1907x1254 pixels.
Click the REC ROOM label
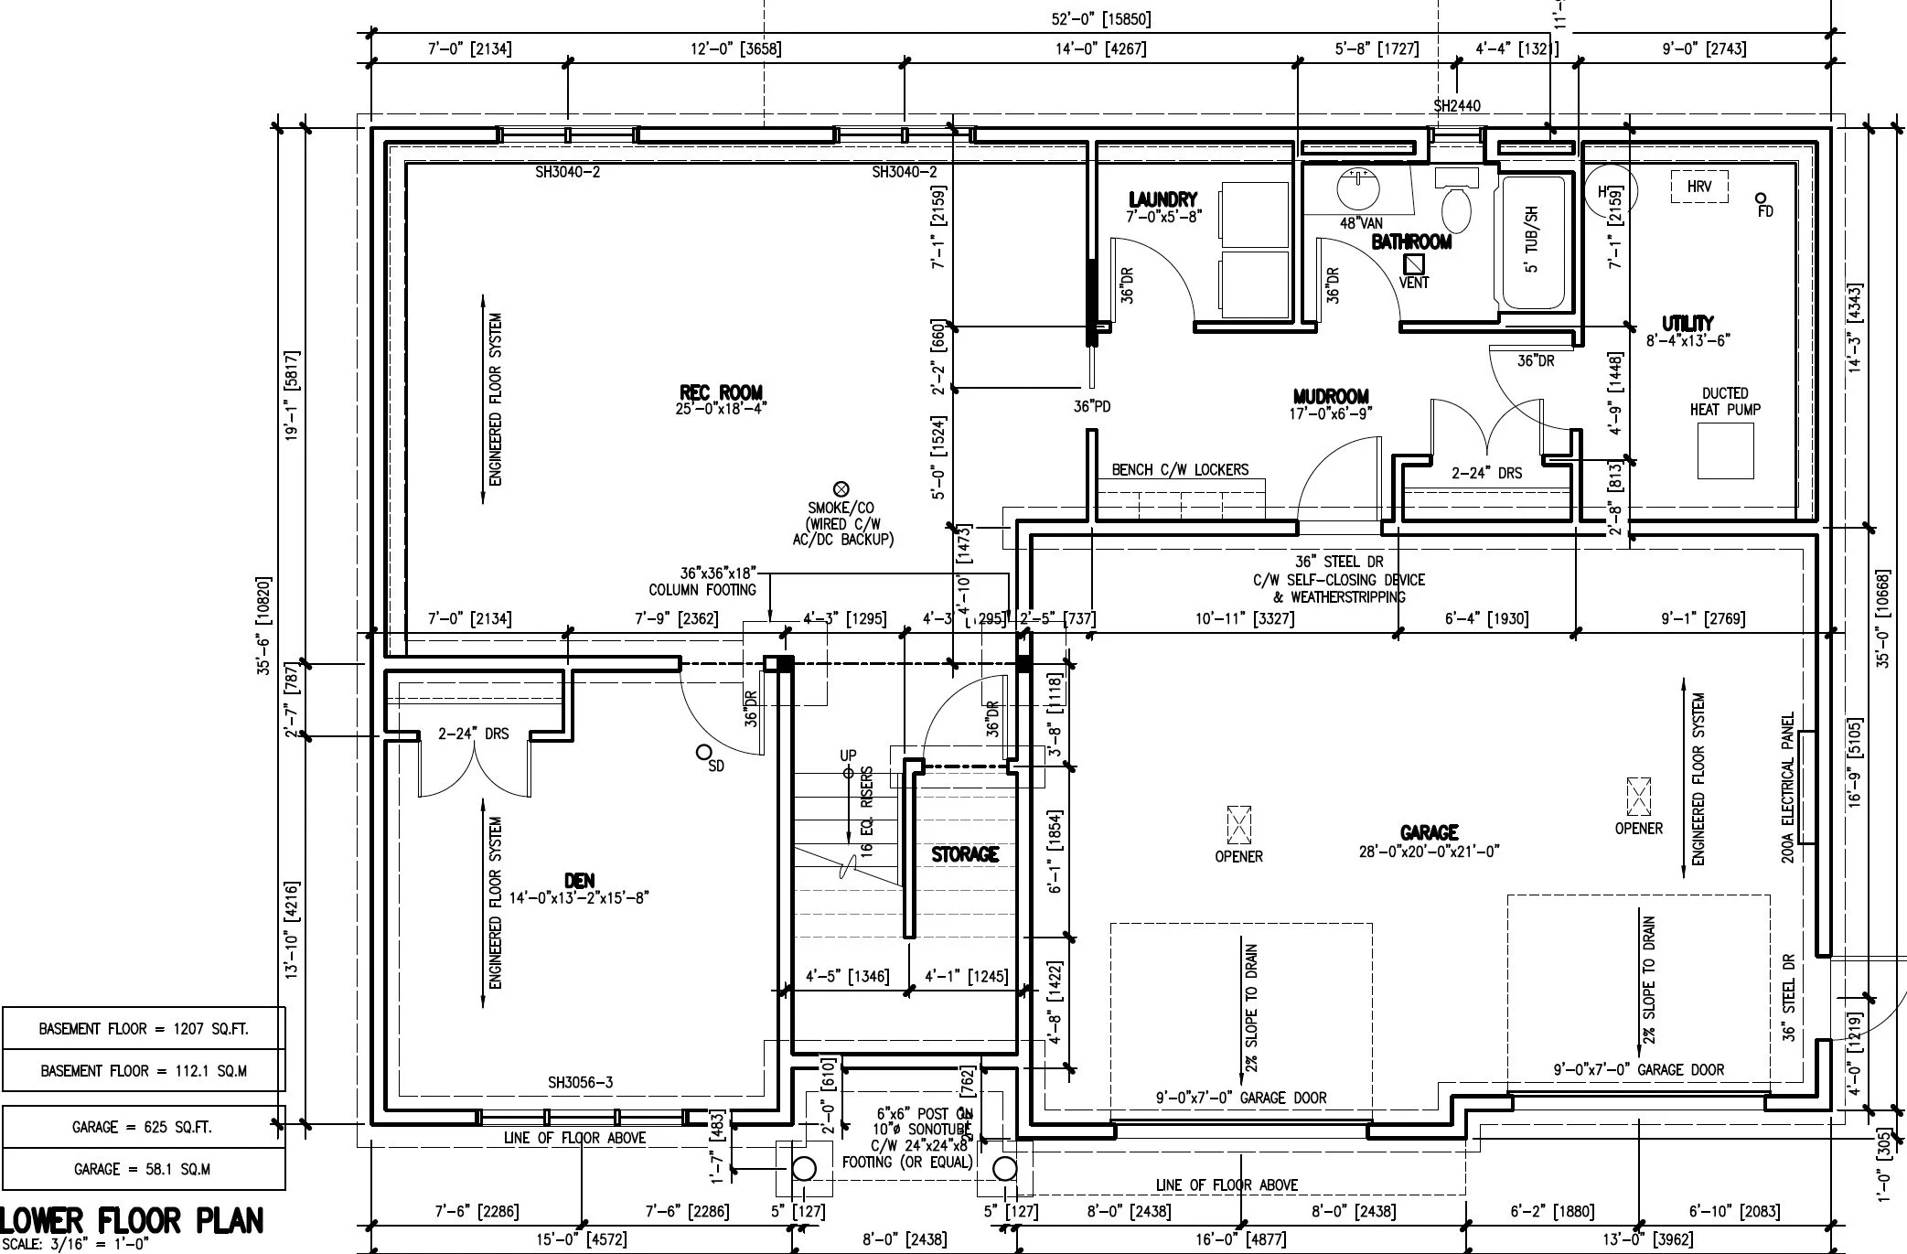(721, 393)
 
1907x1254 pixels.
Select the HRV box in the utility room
(1698, 187)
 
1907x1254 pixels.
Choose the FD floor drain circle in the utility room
(1761, 198)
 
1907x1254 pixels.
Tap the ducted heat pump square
(1725, 451)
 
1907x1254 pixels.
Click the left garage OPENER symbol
(1238, 825)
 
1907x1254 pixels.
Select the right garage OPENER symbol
(1638, 798)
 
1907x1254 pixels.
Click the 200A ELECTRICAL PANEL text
(1788, 788)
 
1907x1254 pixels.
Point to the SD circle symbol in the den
(703, 753)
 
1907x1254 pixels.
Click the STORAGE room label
(965, 854)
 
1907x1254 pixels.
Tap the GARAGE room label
(1429, 832)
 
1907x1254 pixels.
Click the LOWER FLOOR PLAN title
(133, 1221)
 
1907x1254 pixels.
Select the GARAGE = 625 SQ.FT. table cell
(142, 1127)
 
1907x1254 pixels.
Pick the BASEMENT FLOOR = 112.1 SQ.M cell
(144, 1070)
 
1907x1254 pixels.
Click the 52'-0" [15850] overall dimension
(1101, 18)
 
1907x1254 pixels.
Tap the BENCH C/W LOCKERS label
(1180, 469)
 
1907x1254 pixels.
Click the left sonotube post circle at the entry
(804, 1168)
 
